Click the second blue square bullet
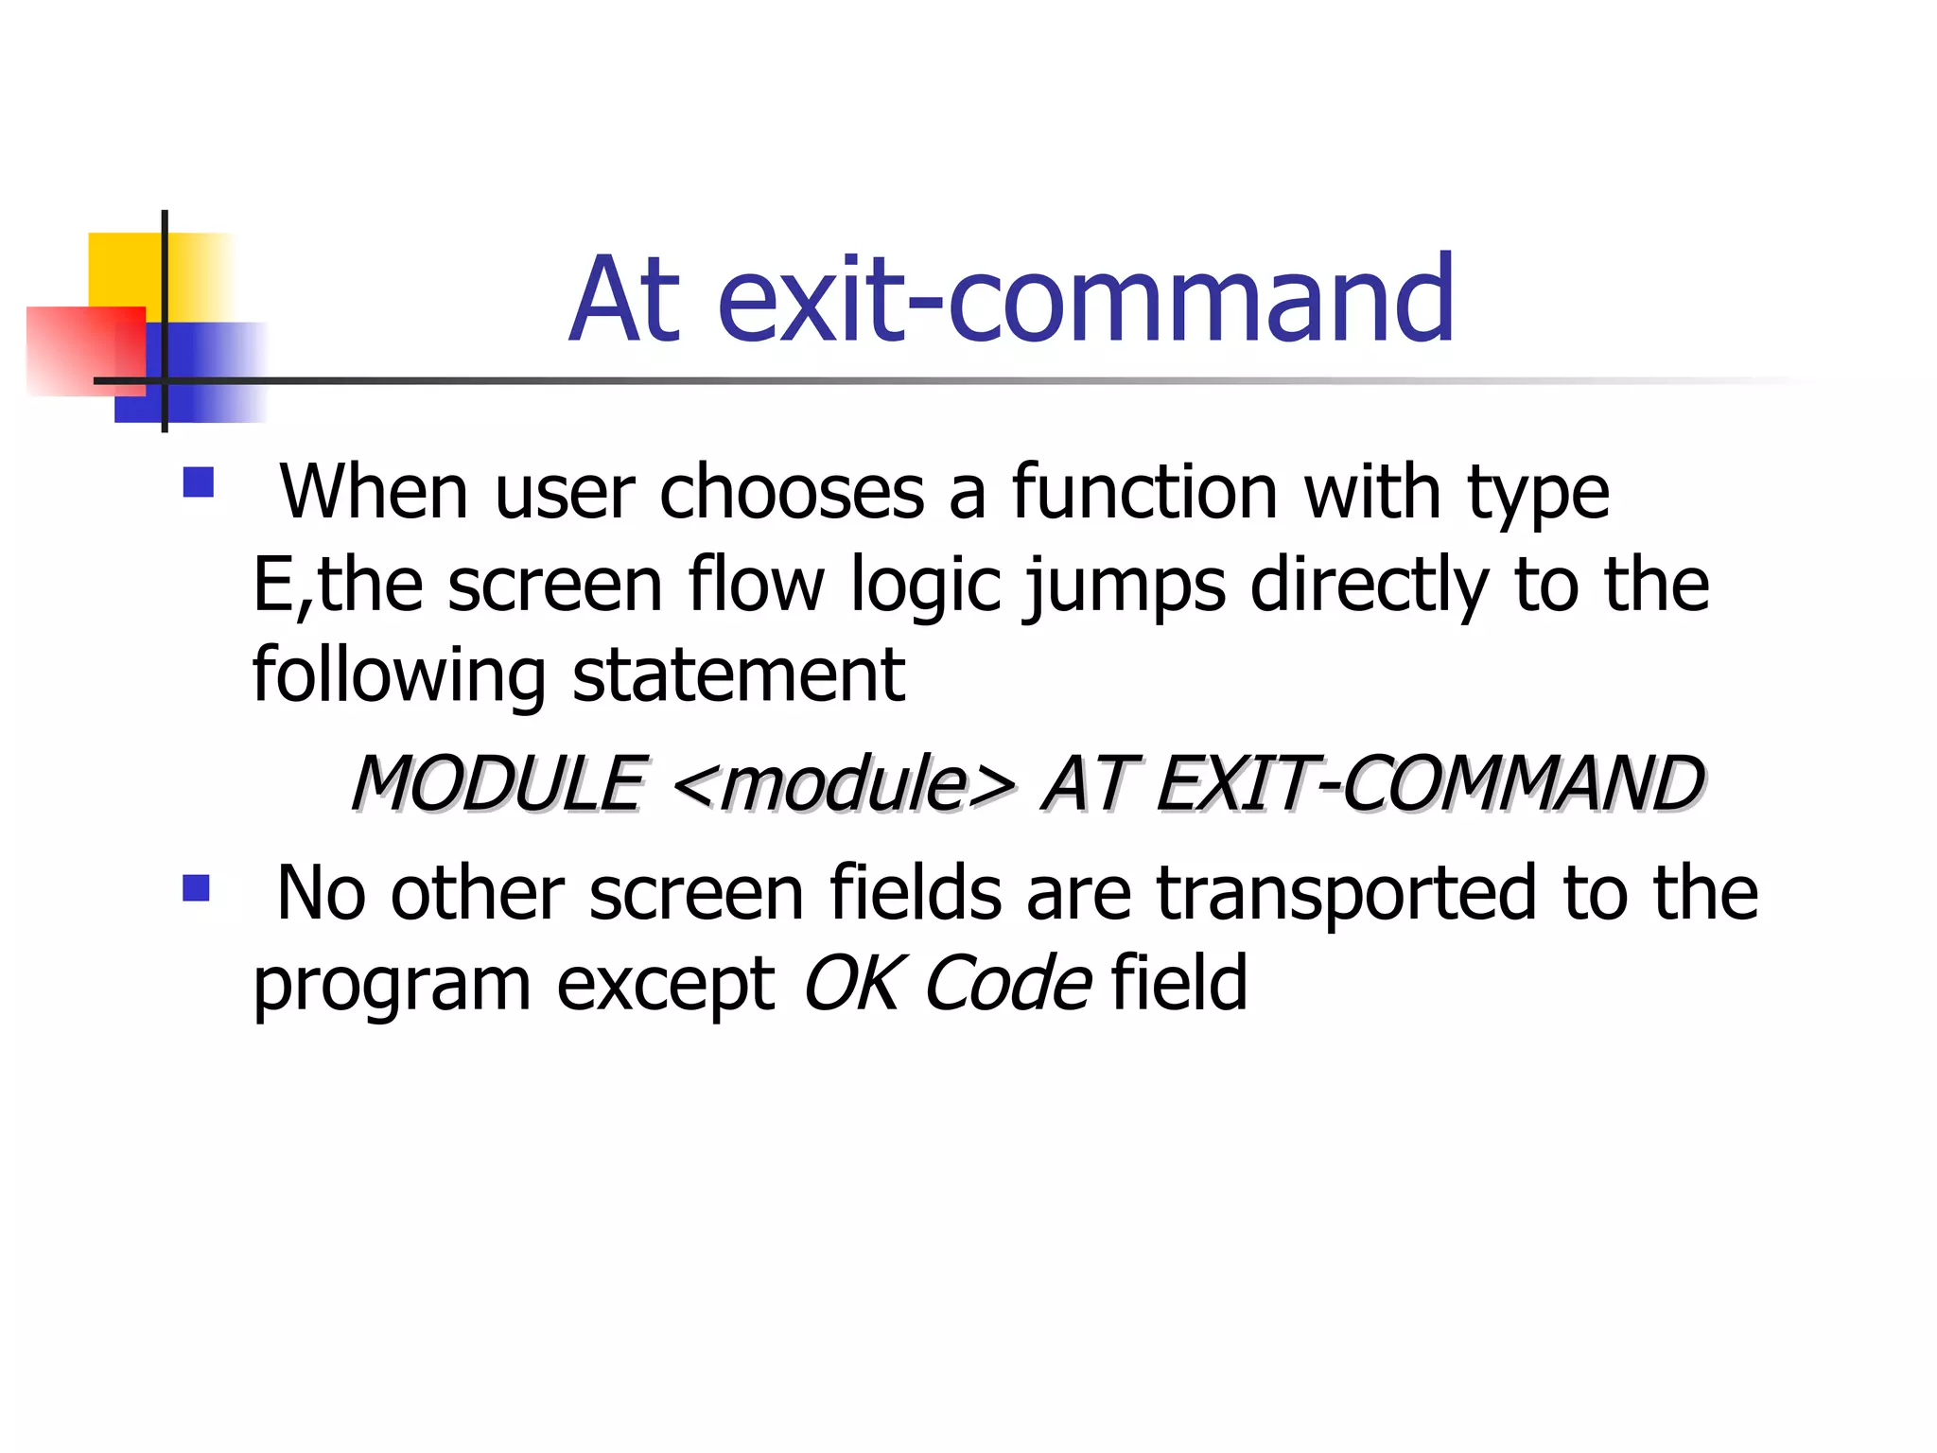[x=196, y=888]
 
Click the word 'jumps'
[x=1126, y=586]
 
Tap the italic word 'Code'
[x=1007, y=984]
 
